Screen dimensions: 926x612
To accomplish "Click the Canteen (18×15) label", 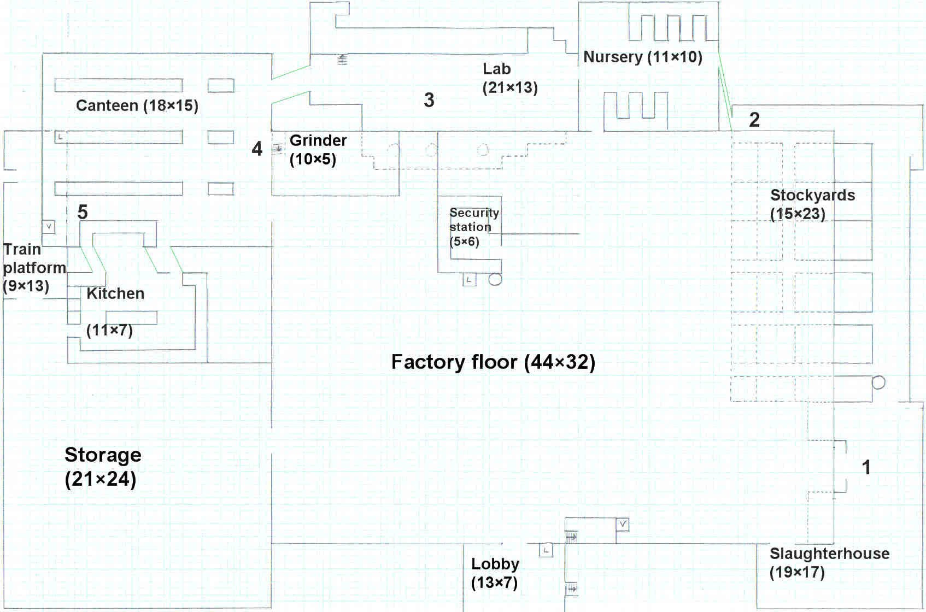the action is (137, 105).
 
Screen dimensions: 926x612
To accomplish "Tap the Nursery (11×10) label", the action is (643, 57).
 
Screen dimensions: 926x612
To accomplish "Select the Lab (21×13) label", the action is (510, 78).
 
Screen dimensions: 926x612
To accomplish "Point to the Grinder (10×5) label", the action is (318, 150).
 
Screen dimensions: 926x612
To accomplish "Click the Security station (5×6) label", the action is (474, 227).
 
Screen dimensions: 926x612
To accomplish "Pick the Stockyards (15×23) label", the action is (812, 204).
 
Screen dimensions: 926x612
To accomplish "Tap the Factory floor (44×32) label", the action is (493, 362).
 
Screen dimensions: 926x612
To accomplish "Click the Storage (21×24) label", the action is (103, 467).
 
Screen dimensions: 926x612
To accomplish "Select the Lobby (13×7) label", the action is (495, 573).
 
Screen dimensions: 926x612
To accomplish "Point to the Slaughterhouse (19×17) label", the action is (829, 562).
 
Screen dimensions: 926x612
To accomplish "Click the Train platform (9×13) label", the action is (34, 268).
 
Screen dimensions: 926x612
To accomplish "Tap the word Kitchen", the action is (115, 293).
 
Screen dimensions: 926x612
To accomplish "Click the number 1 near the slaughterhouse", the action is (866, 467).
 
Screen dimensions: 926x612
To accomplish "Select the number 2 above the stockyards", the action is (754, 120).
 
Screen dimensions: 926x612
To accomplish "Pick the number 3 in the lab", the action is (429, 100).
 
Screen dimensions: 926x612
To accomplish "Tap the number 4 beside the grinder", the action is (257, 149).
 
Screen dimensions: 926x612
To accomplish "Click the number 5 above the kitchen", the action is (83, 212).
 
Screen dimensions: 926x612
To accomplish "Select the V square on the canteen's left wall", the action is (48, 226).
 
